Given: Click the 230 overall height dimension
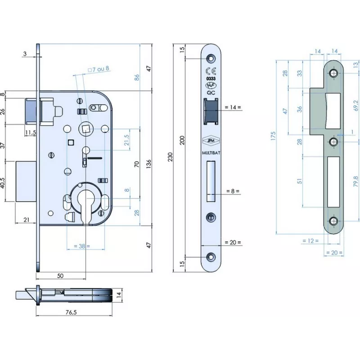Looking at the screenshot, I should pyautogui.click(x=170, y=156).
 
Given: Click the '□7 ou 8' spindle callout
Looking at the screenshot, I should pyautogui.click(x=99, y=69).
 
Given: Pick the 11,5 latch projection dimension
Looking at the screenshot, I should pyautogui.click(x=30, y=132).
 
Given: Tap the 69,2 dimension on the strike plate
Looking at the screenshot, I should pyautogui.click(x=356, y=106).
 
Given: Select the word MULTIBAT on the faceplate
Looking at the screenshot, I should pyautogui.click(x=211, y=153).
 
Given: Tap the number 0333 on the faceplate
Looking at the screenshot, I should pyautogui.click(x=211, y=79).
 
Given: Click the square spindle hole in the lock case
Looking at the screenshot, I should pyautogui.click(x=85, y=130).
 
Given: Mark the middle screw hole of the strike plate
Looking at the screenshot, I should pyautogui.click(x=333, y=142).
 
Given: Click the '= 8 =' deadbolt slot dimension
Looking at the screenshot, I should pyautogui.click(x=233, y=191).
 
